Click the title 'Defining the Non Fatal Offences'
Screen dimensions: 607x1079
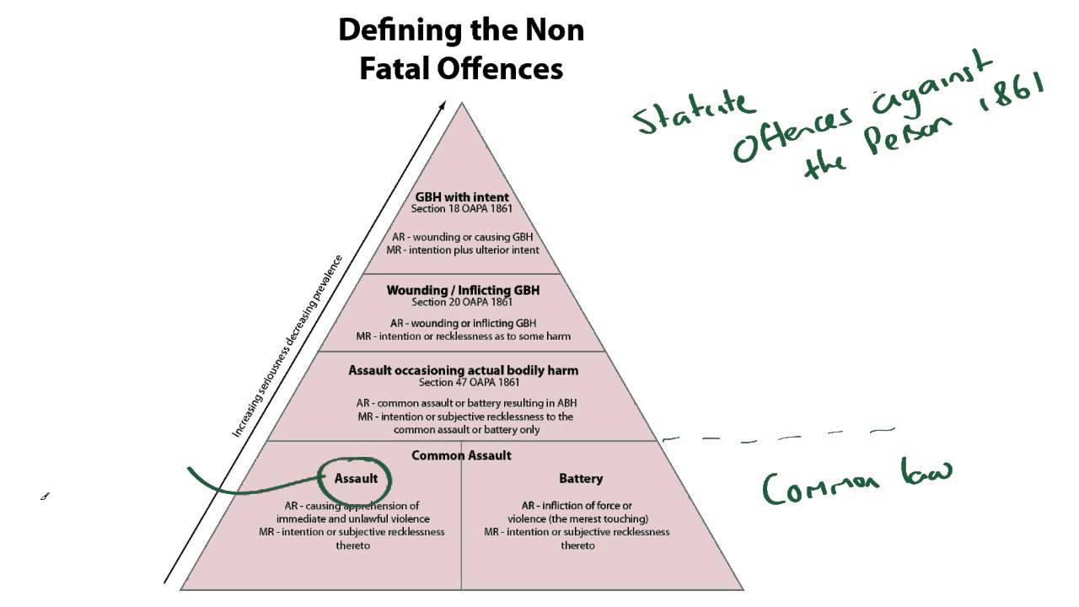(x=461, y=49)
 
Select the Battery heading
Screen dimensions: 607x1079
(x=581, y=479)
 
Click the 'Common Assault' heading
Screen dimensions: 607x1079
(x=461, y=455)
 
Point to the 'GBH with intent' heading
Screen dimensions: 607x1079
(x=462, y=197)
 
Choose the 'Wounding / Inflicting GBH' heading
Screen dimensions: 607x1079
(x=463, y=290)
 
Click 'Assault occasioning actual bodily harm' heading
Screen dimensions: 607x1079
(x=463, y=370)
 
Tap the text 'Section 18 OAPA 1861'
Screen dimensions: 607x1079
(x=462, y=209)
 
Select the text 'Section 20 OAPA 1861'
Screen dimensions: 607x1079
(x=462, y=302)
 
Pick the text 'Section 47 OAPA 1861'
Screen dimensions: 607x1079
(x=462, y=382)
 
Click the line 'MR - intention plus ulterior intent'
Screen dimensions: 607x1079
(x=462, y=250)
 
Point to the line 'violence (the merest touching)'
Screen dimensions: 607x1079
(x=577, y=518)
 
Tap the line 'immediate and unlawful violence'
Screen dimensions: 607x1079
(x=352, y=518)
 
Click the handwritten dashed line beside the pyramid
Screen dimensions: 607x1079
(x=776, y=436)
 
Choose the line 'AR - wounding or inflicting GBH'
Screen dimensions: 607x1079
(x=463, y=323)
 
